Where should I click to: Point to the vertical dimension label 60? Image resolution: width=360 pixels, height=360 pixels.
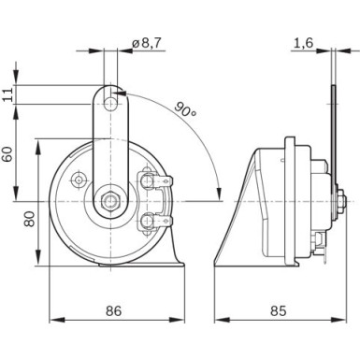8,152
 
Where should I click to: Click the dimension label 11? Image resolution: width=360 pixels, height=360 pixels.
8,94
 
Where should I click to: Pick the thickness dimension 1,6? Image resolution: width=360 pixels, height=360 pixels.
303,42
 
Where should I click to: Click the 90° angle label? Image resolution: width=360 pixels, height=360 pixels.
186,110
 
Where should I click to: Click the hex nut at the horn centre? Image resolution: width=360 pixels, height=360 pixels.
111,199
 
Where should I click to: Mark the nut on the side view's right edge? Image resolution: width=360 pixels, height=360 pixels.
343,200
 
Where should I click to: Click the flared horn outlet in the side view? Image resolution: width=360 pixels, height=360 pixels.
234,224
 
